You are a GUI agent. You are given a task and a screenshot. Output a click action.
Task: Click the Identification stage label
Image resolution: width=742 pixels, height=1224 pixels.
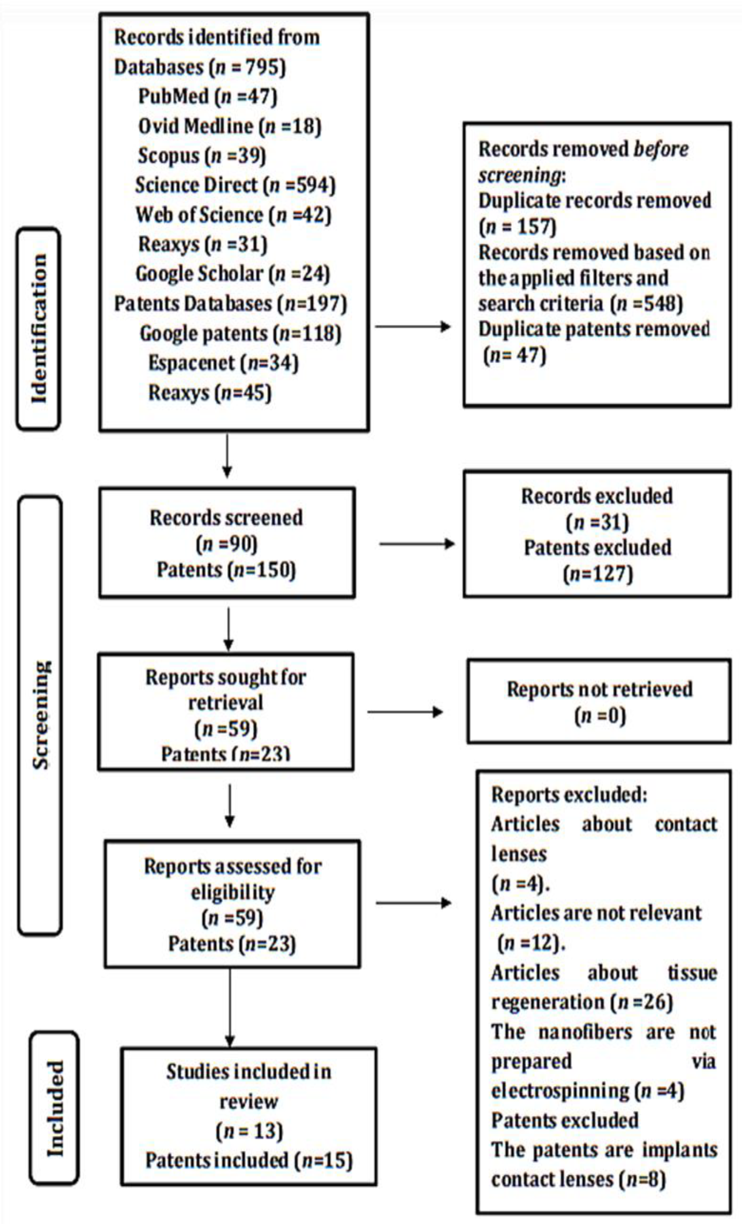pos(39,328)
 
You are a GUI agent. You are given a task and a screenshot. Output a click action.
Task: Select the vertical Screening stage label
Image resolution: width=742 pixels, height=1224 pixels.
pos(41,715)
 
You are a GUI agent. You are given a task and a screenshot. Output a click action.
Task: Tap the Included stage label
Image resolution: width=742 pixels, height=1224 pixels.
pos(55,1108)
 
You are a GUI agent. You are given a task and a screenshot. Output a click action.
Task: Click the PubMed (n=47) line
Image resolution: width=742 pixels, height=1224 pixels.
pos(207,96)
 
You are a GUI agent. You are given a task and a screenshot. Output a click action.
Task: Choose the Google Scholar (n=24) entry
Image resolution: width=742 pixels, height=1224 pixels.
pos(233,274)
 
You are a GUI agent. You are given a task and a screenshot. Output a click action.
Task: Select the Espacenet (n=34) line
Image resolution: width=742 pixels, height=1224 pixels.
pos(223,363)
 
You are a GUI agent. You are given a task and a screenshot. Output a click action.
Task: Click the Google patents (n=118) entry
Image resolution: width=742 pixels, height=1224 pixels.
pos(240,333)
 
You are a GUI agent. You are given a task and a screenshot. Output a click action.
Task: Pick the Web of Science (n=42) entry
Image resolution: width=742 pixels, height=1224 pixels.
pos(233,215)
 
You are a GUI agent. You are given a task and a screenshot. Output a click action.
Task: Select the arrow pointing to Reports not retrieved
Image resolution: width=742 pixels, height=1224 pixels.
pos(405,712)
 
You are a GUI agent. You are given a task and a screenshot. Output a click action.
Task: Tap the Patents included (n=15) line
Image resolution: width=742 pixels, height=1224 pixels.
pos(248,1160)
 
